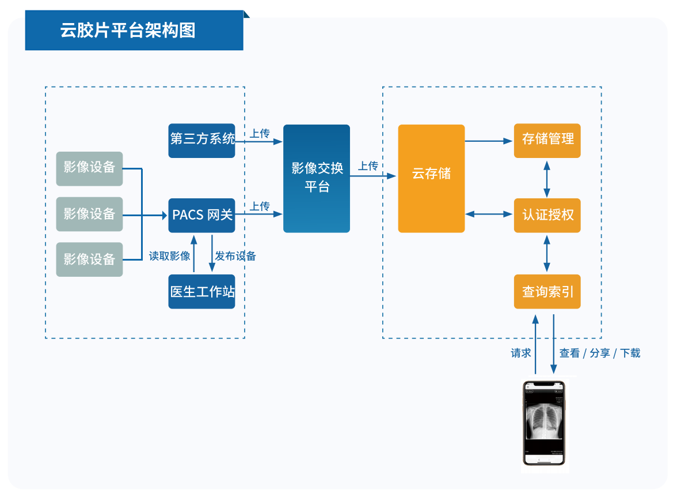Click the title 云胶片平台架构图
128,31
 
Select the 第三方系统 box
202,140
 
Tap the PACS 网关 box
202,215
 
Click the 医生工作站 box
202,292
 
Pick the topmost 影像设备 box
89,168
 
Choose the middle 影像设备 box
89,214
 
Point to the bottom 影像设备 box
89,259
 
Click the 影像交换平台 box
317,178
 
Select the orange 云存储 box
431,178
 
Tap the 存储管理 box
547,140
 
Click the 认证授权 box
547,215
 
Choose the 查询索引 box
547,292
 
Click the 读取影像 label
170,256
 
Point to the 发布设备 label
235,256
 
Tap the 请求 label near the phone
521,353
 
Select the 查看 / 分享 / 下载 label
600,353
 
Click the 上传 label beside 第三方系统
260,134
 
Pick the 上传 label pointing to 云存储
368,167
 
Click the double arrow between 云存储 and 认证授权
489,214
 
